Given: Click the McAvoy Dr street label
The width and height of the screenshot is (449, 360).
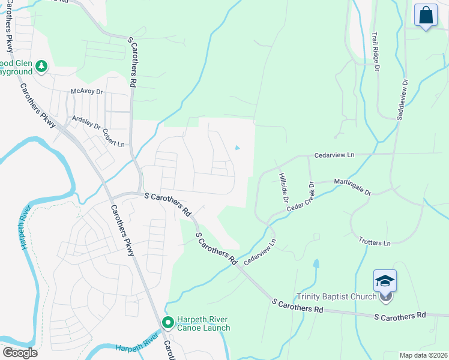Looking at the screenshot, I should [x=87, y=91].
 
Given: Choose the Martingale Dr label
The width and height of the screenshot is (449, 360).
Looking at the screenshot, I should [x=352, y=187].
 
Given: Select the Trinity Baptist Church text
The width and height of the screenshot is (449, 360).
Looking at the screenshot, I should [x=337, y=296].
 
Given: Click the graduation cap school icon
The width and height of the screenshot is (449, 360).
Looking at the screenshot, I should [x=385, y=280].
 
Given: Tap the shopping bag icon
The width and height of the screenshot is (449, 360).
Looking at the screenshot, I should [x=426, y=16].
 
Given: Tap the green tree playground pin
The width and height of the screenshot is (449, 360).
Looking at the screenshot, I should [x=41, y=66].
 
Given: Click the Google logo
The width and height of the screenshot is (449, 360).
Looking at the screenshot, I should [x=20, y=353].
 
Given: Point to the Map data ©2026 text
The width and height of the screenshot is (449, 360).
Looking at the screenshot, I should [x=423, y=355].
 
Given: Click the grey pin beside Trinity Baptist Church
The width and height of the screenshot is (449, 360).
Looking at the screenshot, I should [x=386, y=296].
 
